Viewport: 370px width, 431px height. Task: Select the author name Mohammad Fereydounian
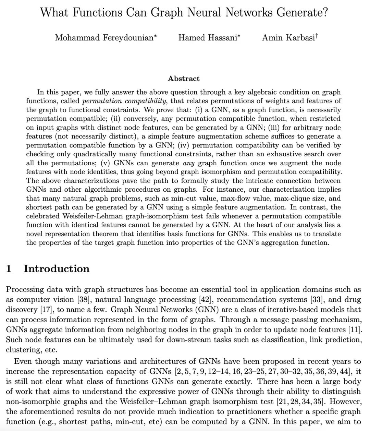104,38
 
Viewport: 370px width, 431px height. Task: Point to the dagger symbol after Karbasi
317,35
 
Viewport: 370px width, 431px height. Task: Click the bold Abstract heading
184,79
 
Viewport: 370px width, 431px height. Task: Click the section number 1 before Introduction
9,269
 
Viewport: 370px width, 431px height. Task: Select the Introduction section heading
57,269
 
